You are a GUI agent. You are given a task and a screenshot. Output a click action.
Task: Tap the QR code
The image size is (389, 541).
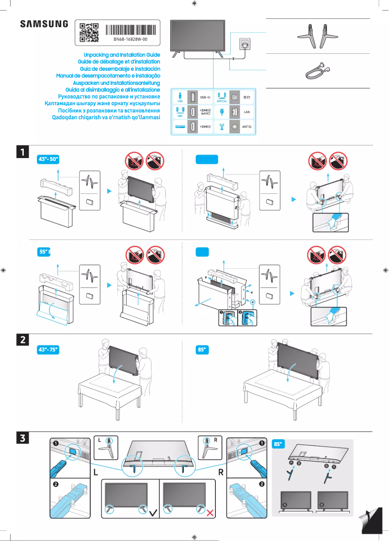[x=89, y=32]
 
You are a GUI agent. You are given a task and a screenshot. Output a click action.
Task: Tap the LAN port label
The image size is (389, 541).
[x=246, y=111]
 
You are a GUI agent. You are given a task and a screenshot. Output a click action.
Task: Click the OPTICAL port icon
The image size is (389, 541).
[x=222, y=97]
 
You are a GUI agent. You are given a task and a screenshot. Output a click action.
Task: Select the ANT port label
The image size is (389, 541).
[x=246, y=127]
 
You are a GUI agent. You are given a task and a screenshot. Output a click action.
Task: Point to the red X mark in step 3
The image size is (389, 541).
[x=211, y=512]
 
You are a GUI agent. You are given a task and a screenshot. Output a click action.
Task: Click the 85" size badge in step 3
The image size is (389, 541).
[x=280, y=444]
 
